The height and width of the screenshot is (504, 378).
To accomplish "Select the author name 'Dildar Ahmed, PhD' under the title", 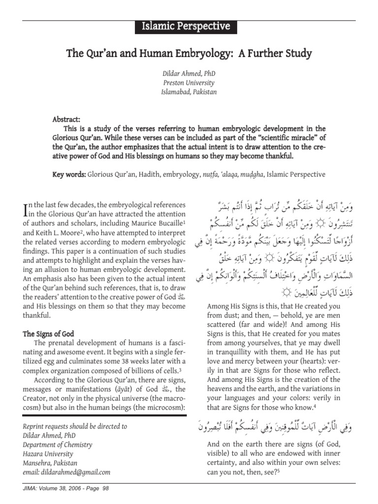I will click(189, 74).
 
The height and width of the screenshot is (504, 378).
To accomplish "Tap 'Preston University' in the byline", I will click(189, 83).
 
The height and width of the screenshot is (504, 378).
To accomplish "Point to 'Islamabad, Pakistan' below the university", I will click(189, 92).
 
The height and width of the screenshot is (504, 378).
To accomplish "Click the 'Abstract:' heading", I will click(66, 120).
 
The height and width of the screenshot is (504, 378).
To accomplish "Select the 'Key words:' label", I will click(69, 174).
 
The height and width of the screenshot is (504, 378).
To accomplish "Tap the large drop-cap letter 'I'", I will click(27, 210).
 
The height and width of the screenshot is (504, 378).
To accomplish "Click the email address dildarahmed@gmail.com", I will click(66, 472).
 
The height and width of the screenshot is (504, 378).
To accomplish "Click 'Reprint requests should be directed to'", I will click(75, 426).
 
